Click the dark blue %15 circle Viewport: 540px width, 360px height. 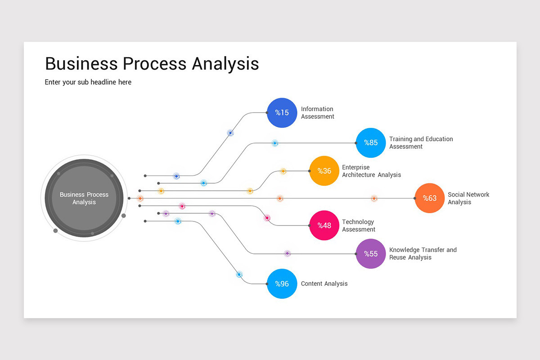point(282,112)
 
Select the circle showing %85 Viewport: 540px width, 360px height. point(371,143)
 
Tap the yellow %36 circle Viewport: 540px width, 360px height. point(324,171)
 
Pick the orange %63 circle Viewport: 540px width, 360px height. point(430,198)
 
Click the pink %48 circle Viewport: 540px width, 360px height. point(324,225)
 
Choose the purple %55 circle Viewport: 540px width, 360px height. point(371,254)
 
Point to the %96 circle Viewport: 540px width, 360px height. point(282,283)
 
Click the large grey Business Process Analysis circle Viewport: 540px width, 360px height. point(84,198)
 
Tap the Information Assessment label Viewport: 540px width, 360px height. point(318,112)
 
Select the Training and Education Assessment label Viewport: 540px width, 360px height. point(421,143)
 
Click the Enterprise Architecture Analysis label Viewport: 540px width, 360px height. point(372,171)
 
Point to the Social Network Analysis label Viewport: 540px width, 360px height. point(468,198)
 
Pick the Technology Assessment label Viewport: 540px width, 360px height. point(359,225)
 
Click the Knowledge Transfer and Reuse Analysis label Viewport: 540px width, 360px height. point(423,254)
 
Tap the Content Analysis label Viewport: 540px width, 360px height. point(324,283)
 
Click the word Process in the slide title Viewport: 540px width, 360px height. point(154,63)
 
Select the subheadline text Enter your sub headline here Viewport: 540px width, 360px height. point(88,82)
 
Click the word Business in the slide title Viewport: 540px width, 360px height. point(81,63)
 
